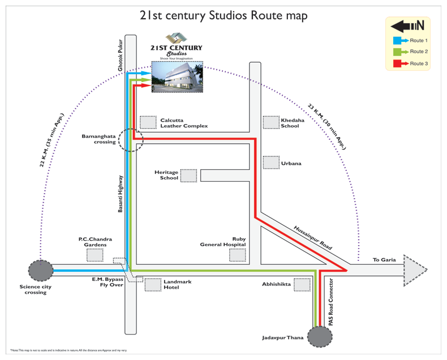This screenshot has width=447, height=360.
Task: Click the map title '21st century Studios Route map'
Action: [223, 15]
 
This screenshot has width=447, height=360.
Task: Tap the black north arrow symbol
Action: [407, 25]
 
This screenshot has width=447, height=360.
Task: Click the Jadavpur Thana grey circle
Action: [320, 336]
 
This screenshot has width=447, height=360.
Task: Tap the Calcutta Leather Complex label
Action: [183, 123]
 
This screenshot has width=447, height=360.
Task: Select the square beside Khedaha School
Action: [271, 122]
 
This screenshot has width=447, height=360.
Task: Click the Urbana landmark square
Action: [271, 162]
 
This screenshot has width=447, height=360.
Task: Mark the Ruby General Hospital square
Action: [238, 255]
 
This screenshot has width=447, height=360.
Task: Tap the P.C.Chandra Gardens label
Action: [95, 242]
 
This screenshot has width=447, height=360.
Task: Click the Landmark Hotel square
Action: [153, 285]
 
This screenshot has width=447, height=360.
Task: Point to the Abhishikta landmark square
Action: [302, 284]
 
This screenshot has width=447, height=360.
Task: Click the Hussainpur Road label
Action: [313, 238]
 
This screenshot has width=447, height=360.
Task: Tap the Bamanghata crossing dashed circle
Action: [131, 140]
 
